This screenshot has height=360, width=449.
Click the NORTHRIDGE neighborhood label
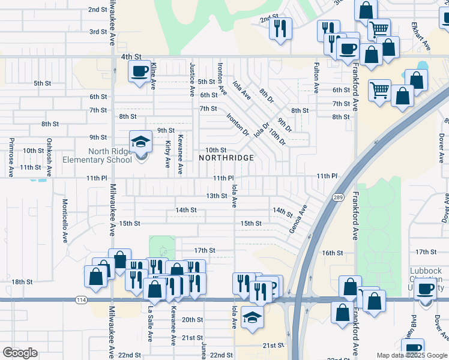click(x=226, y=158)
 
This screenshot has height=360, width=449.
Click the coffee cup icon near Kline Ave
click(x=139, y=72)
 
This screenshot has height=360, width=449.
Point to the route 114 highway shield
click(x=80, y=299)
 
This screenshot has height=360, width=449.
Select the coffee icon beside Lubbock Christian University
click(x=426, y=289)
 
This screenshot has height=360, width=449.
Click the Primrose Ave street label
click(x=11, y=154)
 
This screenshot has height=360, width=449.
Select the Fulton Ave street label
click(x=316, y=77)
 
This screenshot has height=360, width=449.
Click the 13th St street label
click(x=216, y=196)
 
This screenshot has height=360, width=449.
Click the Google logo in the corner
click(x=20, y=353)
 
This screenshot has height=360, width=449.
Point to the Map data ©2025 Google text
click(x=412, y=355)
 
